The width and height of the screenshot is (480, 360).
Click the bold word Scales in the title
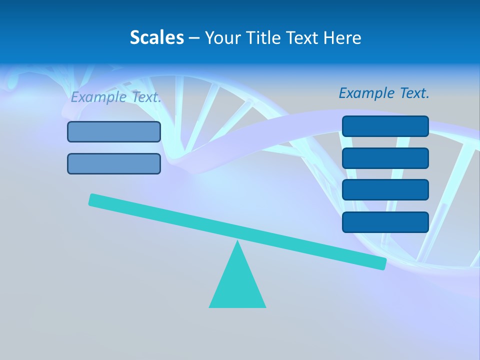coord(156,37)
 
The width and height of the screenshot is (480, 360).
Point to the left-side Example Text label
coord(116,97)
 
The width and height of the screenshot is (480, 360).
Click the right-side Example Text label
coord(384,93)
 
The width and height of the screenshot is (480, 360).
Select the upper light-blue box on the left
coord(114,132)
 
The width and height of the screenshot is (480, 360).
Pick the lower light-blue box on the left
coord(114,163)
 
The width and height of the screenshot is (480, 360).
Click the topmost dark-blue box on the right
coord(385,126)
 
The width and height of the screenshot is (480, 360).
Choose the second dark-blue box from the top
coord(385,158)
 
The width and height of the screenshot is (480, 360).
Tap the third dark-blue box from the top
coord(385,190)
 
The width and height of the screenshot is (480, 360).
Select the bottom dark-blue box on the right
coord(385,222)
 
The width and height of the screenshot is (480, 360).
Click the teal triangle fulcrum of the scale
coord(237,285)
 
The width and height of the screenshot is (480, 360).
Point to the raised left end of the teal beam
coord(92,199)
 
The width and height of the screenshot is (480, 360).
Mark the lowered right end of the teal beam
coord(382,263)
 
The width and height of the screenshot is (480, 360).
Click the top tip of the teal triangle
coord(237,242)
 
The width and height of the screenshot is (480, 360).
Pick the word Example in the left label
coord(98,97)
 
